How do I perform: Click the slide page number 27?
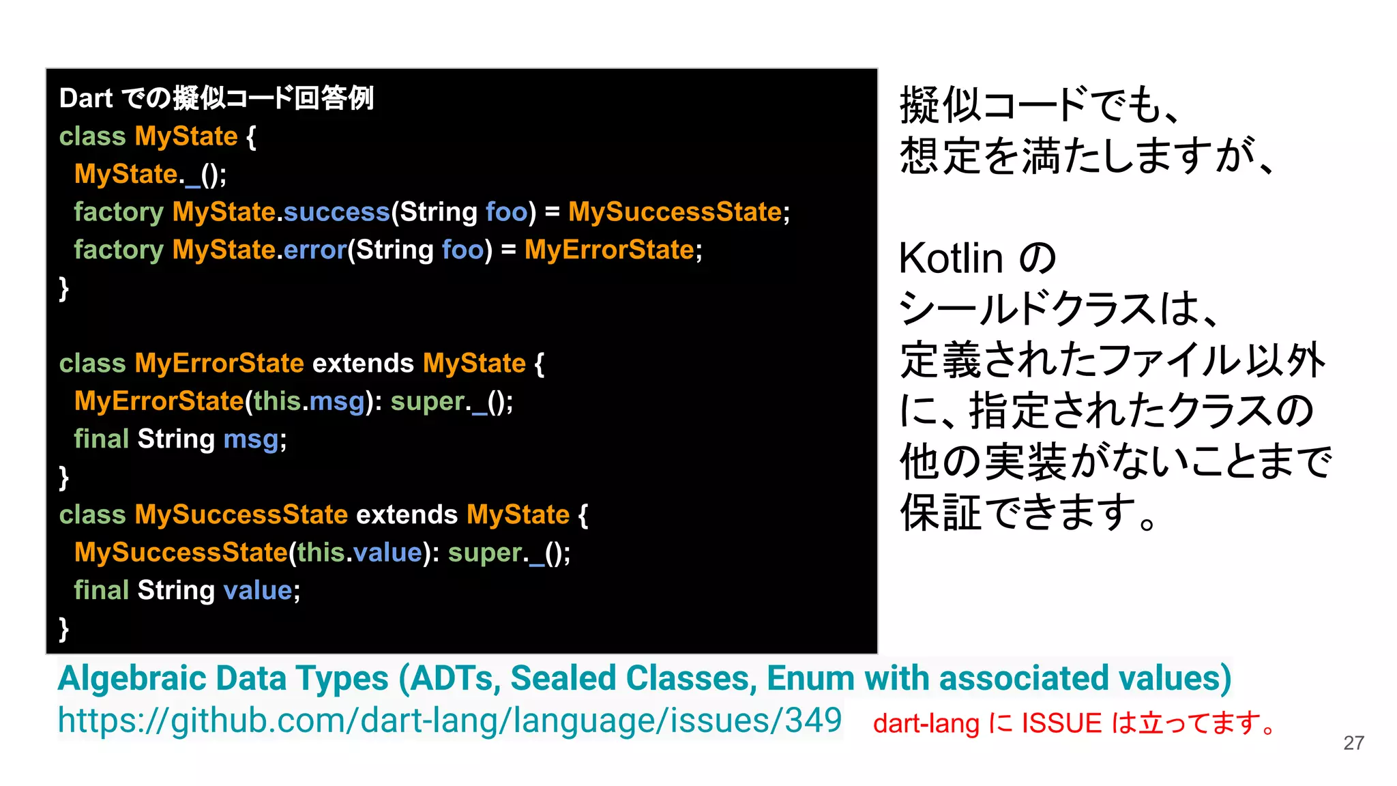1353,743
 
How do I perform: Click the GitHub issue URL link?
450,720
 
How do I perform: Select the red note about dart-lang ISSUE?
1074,723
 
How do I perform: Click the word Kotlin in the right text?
951,259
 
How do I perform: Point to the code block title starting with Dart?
216,98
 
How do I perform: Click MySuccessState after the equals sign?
675,212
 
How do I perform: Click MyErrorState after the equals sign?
609,250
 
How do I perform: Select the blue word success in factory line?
336,212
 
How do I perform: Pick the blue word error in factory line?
315,250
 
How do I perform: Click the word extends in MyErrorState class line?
363,363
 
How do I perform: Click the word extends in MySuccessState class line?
407,514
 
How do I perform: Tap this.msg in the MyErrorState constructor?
309,401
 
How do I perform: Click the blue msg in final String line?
250,439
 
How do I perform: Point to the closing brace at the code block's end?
64,628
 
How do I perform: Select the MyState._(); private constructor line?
150,175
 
